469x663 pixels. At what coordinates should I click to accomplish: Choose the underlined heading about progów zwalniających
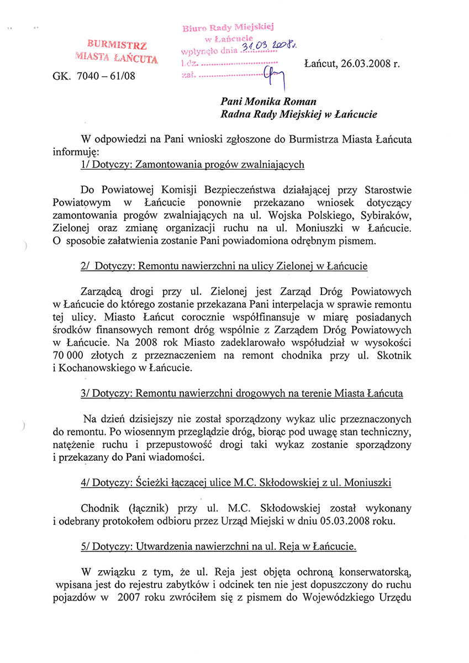pyautogui.click(x=192, y=164)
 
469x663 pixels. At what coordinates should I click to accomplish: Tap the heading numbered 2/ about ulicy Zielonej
pyautogui.click(x=224, y=266)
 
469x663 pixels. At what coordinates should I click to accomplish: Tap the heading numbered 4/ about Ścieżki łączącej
pyautogui.click(x=236, y=482)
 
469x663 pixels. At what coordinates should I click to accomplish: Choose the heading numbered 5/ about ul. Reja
pyautogui.click(x=218, y=546)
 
